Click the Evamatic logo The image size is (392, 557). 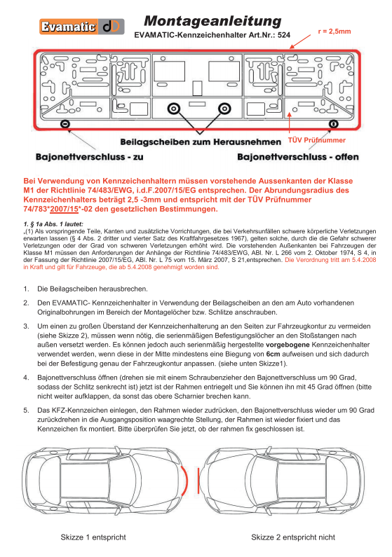click(x=82, y=27)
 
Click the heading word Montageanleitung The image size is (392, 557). click(x=212, y=21)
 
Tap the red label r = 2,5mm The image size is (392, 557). click(x=334, y=32)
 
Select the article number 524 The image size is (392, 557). click(x=284, y=35)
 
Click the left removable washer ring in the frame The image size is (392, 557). click(x=173, y=109)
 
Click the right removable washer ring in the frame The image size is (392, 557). click(x=224, y=109)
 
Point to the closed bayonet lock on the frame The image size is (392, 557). click(x=65, y=124)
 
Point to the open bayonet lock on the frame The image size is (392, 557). click(x=333, y=123)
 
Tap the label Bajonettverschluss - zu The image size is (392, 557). click(x=89, y=157)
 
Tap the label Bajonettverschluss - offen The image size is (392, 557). click(x=298, y=157)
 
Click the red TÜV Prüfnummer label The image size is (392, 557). click(x=317, y=140)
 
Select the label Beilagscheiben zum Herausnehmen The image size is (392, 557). click(x=201, y=142)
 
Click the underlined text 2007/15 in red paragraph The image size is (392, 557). click(x=64, y=209)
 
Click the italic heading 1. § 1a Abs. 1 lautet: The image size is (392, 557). click(x=53, y=224)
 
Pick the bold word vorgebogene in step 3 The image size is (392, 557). click(x=288, y=345)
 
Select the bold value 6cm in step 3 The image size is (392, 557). click(x=273, y=354)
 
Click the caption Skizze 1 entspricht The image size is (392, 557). click(x=93, y=537)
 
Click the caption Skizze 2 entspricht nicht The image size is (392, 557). click(x=293, y=537)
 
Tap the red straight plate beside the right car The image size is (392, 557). click(x=198, y=480)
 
